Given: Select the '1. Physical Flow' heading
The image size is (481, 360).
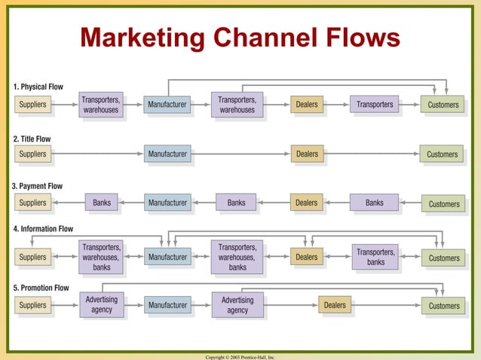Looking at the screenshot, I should coord(38,87).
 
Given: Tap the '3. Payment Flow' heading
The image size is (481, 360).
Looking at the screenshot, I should coord(37,186).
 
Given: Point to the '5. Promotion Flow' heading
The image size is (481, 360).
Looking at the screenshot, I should coord(41,288).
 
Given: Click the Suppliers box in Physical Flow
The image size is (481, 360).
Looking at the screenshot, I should coord(32,105).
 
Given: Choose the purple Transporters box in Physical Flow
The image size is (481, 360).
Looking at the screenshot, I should coord(375,105).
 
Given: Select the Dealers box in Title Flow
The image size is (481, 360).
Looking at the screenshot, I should coord(307,154).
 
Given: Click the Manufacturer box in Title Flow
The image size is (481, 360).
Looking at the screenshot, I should coord(167,154).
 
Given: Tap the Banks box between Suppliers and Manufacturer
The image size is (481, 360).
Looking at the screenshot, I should coord(102,203).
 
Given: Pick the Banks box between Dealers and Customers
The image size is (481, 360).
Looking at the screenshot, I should coord(374,203).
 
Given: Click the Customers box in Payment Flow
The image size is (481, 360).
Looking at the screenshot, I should coord(443,204).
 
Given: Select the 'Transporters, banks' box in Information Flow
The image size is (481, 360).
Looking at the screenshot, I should coord(375,258).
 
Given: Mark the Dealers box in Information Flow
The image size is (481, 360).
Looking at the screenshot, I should coord(307,258).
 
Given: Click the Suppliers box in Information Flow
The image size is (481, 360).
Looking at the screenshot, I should coord(32,258).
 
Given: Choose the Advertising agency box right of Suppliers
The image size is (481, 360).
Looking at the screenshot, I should coord(102,305).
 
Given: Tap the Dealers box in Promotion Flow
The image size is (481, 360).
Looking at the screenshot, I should coord(335,305).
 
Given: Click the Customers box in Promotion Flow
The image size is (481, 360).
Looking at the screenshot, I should coord(443,306).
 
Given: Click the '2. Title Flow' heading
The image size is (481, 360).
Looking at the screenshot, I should coord(32,139).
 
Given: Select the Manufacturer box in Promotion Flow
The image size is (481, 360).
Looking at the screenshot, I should coord(167,305).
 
